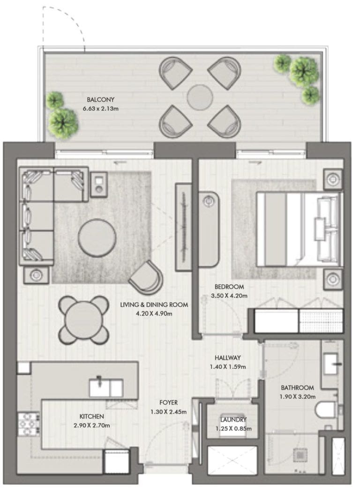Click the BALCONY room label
[100, 100]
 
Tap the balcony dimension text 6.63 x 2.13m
[100, 109]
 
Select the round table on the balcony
[200, 96]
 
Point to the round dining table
[83, 320]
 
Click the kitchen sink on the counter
[106, 387]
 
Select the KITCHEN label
[91, 416]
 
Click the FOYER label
[168, 402]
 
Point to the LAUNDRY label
[233, 419]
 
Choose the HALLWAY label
[228, 358]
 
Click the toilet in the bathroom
[326, 410]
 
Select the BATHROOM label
[297, 388]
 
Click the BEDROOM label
[229, 287]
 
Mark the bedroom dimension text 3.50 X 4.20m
[229, 296]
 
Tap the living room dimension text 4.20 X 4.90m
[154, 313]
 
